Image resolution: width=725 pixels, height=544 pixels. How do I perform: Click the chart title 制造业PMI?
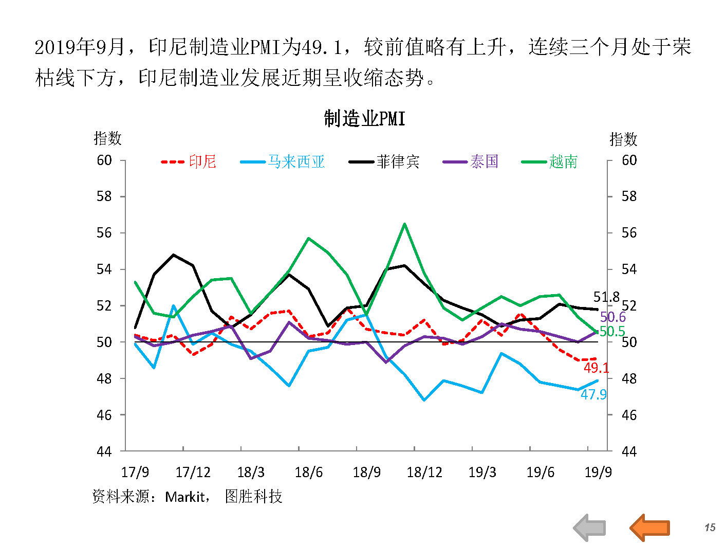click(x=364, y=119)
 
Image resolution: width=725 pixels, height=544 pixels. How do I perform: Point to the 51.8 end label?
click(x=606, y=297)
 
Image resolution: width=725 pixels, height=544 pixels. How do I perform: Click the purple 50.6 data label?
click(x=613, y=317)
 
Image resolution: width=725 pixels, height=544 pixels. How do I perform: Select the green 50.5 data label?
click(x=612, y=332)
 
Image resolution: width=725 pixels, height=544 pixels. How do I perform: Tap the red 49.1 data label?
click(x=596, y=368)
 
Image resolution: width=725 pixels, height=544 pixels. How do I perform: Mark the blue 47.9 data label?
click(x=593, y=394)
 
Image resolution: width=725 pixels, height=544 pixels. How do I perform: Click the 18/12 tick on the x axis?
click(x=424, y=472)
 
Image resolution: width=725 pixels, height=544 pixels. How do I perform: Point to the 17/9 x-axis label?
click(x=135, y=472)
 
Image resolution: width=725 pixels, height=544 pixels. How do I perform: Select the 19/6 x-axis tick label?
click(x=540, y=472)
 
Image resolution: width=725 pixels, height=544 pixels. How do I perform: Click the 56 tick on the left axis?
click(x=104, y=233)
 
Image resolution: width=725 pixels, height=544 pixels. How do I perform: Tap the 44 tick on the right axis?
click(x=629, y=451)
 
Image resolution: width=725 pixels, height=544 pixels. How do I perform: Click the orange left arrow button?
click(x=649, y=527)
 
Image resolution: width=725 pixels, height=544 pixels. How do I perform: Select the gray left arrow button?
click(x=590, y=527)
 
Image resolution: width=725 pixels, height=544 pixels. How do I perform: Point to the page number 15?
click(x=710, y=528)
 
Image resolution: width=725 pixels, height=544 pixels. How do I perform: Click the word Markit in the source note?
click(x=185, y=497)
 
